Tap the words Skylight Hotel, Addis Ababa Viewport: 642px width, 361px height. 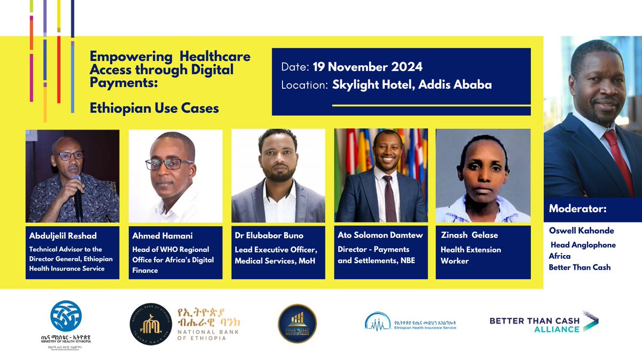411,85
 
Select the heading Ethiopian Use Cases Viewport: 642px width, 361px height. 154,109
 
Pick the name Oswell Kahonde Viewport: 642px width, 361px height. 580,231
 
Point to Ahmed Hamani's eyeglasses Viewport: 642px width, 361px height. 170,163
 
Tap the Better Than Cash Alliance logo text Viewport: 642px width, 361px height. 543,324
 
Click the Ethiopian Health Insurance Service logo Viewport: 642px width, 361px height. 410,322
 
